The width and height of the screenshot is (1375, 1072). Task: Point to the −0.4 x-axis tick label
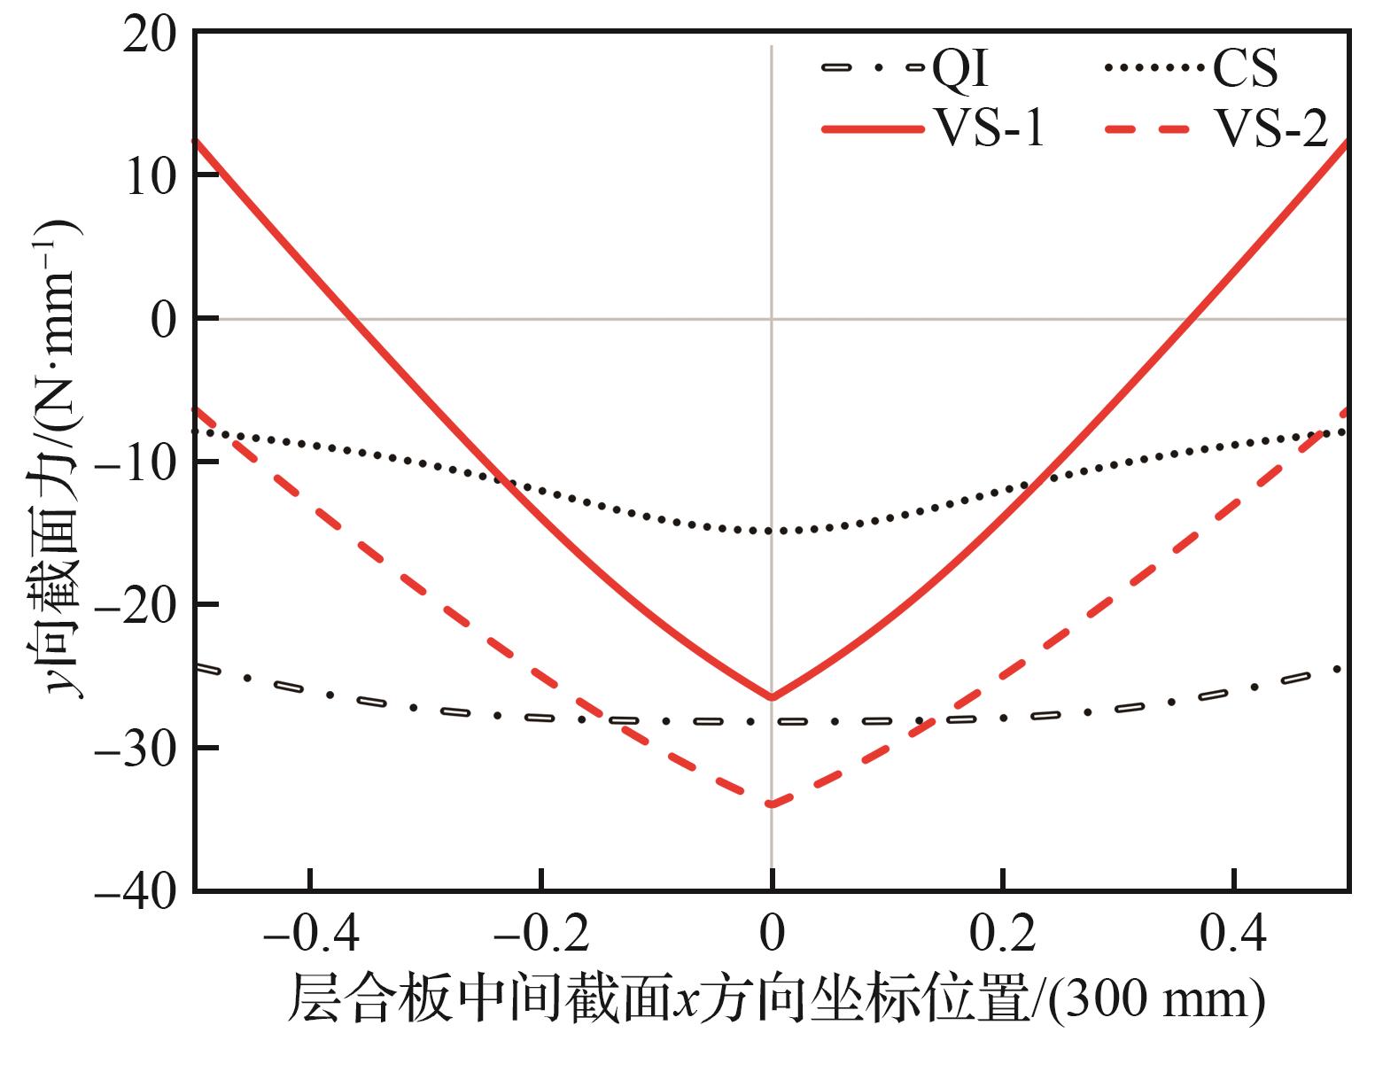click(310, 935)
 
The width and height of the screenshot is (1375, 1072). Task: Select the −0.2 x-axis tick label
click(541, 935)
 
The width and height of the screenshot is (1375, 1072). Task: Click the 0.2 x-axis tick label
click(1003, 935)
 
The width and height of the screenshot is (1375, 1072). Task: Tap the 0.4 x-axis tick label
click(1234, 935)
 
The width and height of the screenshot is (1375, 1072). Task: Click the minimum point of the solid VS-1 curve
click(772, 697)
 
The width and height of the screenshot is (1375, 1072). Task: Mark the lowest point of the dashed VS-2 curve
click(772, 804)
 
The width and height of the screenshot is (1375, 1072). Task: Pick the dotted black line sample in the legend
click(1156, 69)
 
